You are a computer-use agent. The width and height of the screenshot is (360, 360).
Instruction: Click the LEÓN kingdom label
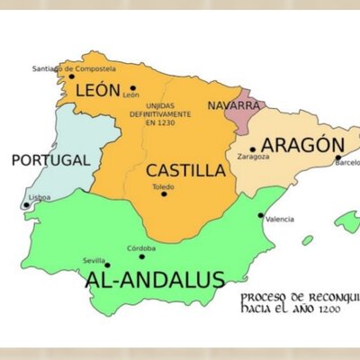(x=97, y=90)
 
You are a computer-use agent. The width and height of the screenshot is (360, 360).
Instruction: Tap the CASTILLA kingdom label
(x=185, y=170)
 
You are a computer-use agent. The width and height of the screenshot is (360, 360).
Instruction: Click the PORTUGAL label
(x=50, y=161)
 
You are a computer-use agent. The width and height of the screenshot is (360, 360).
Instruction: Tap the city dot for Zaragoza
(x=253, y=149)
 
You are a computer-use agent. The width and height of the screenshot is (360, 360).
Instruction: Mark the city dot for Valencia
(x=261, y=216)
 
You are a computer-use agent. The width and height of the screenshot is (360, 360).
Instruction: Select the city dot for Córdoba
(x=141, y=256)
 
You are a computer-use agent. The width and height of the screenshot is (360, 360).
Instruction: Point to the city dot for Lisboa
(x=26, y=205)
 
